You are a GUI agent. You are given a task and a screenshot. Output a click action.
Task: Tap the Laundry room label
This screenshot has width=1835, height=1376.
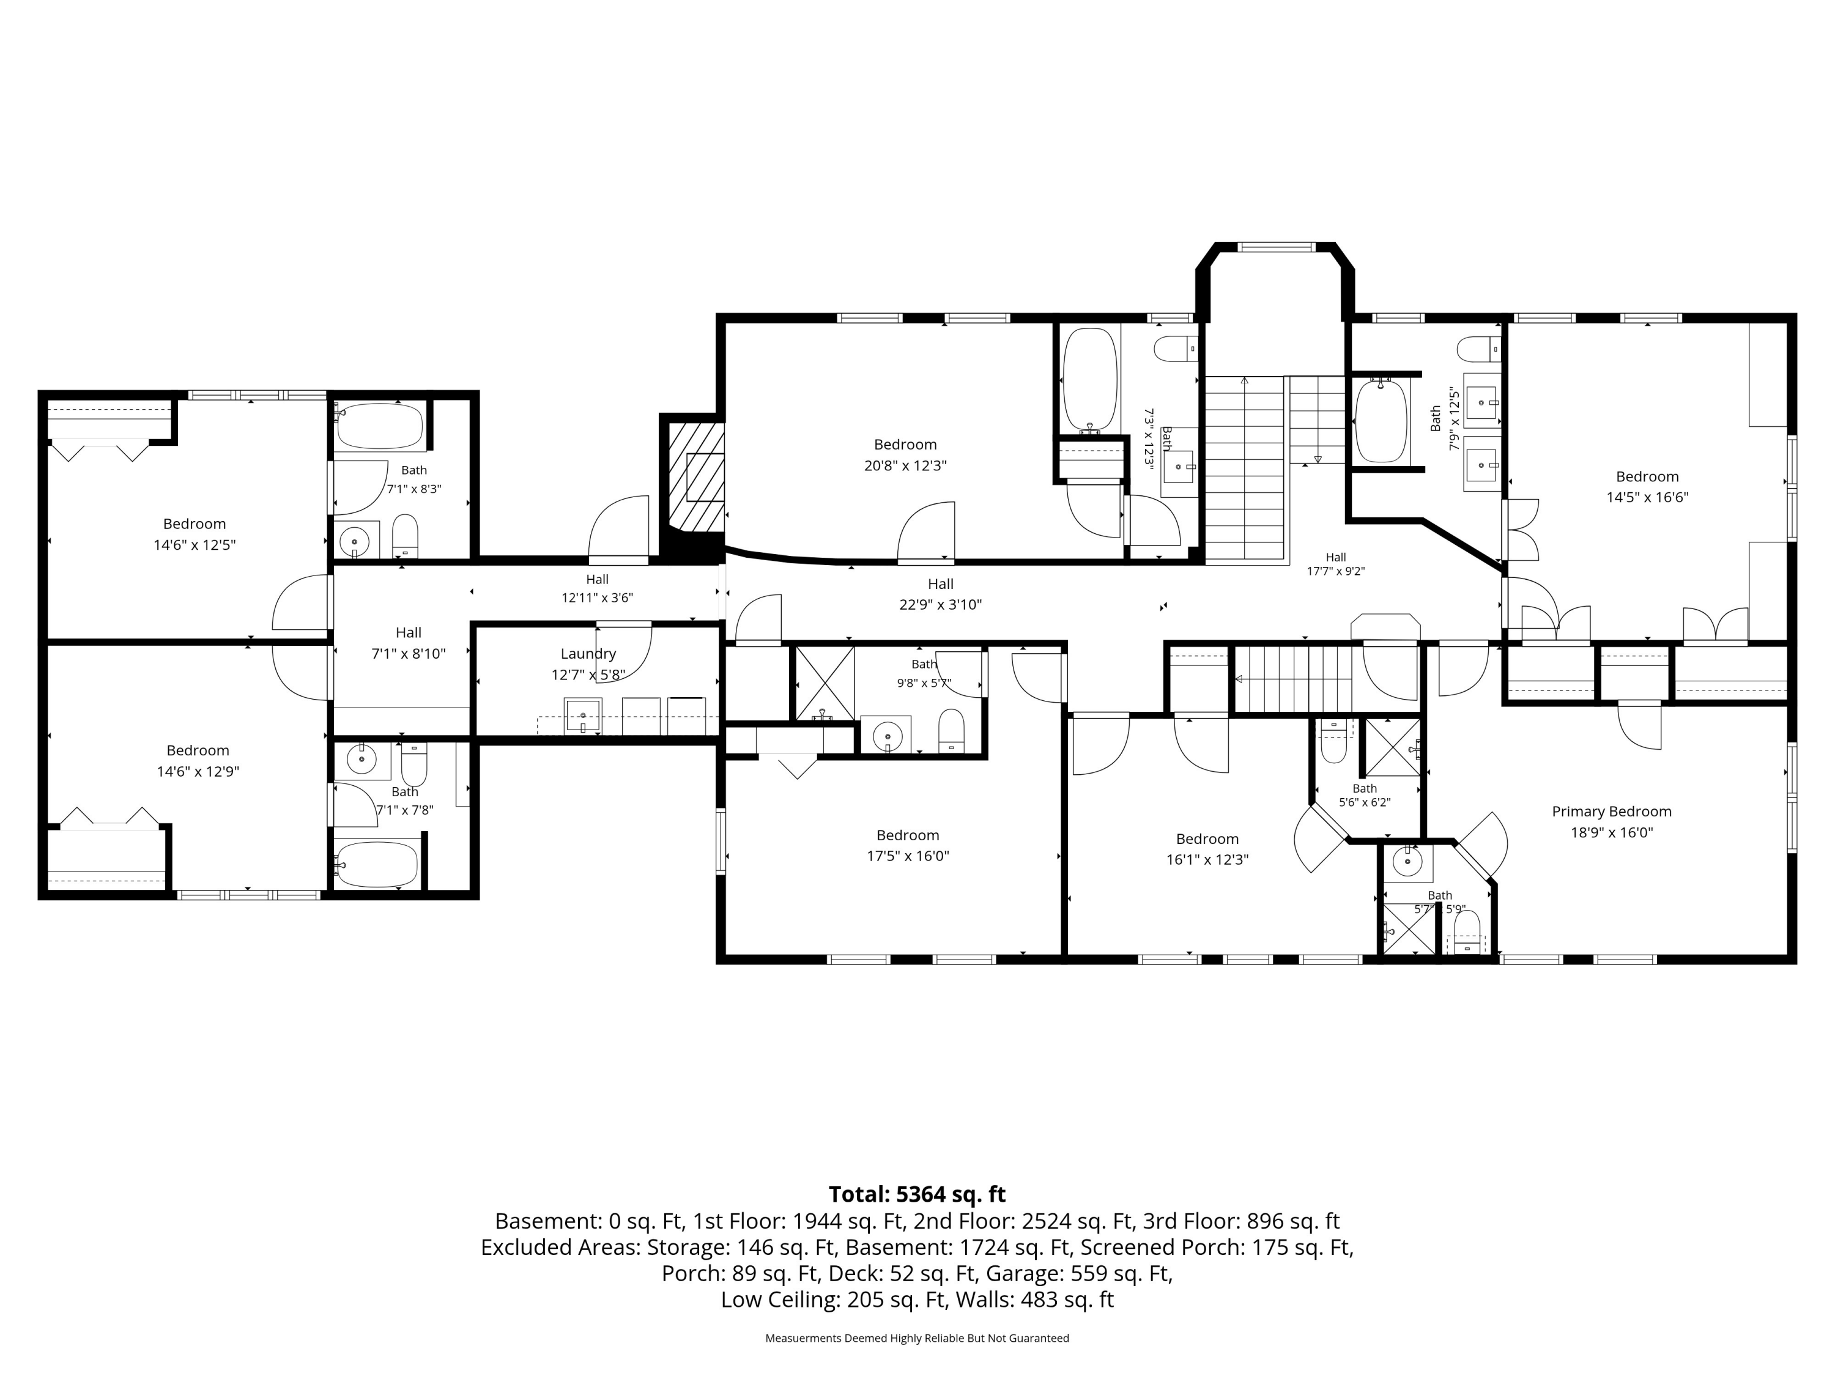click(588, 654)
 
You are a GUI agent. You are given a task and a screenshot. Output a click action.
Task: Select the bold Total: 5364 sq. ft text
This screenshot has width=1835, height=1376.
click(917, 1194)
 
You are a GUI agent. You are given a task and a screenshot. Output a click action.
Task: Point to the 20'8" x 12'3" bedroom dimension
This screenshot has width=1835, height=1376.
click(905, 466)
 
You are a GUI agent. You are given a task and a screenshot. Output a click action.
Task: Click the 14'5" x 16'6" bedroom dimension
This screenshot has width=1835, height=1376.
click(1647, 498)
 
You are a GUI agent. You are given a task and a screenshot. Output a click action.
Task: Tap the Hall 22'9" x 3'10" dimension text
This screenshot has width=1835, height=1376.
click(940, 605)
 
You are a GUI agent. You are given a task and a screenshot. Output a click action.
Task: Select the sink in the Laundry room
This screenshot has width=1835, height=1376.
click(583, 716)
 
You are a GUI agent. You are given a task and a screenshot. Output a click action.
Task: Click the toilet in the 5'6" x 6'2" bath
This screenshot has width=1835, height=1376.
click(1333, 741)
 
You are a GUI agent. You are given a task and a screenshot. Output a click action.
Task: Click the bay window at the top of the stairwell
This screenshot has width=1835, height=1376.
click(1276, 246)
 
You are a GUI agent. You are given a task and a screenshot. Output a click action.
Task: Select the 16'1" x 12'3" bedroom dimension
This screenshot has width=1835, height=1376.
click(1207, 860)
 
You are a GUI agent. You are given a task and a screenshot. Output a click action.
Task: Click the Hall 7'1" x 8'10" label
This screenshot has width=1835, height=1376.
click(408, 643)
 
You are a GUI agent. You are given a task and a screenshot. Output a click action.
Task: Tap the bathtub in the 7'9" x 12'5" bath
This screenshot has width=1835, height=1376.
click(1381, 421)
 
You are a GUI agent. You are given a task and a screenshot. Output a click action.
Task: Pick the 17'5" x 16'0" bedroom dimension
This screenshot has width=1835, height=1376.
click(908, 856)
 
